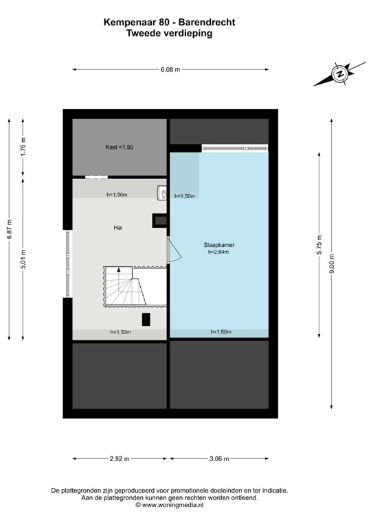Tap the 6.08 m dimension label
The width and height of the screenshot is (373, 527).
coord(170,69)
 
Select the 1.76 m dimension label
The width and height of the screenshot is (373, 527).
coord(23,148)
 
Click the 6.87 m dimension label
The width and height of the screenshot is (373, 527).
coord(10,229)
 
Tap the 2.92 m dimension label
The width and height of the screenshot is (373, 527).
coord(121,459)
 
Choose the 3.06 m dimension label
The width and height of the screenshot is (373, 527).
coord(219,459)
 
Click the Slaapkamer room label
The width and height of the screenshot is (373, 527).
coord(218,244)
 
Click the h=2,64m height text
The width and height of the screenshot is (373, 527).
coord(218,253)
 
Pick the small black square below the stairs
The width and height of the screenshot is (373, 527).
coord(146,319)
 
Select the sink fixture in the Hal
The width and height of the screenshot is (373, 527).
coord(162,194)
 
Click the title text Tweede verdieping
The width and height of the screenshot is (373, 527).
coord(169,32)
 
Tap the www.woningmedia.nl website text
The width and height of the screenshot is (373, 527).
coord(169,504)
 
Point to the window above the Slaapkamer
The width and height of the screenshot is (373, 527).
coord(234,147)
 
